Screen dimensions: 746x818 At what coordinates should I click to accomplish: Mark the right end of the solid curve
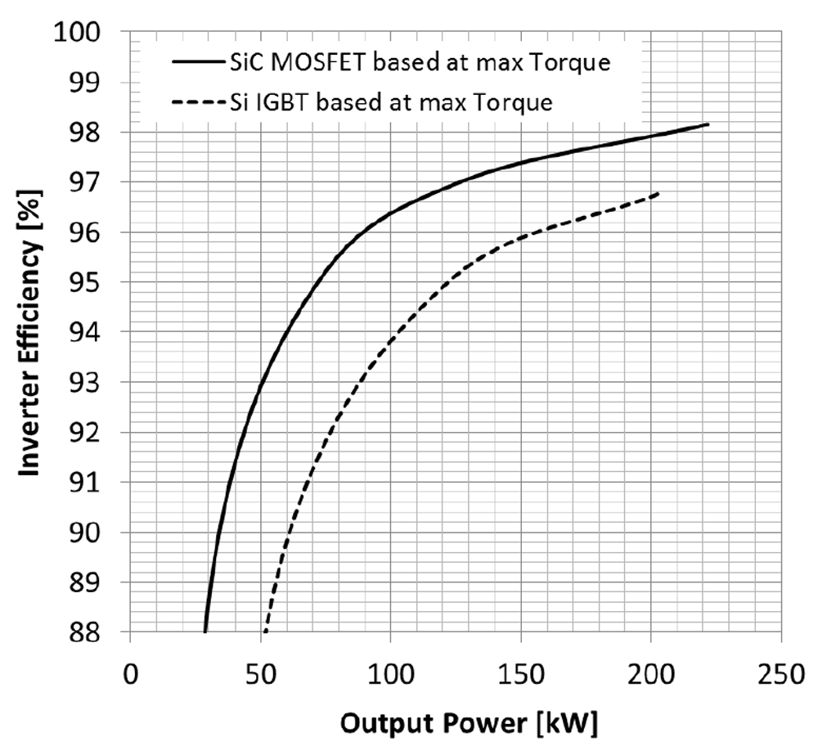(x=708, y=124)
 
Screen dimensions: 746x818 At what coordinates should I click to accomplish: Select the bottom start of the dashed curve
(x=264, y=631)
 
